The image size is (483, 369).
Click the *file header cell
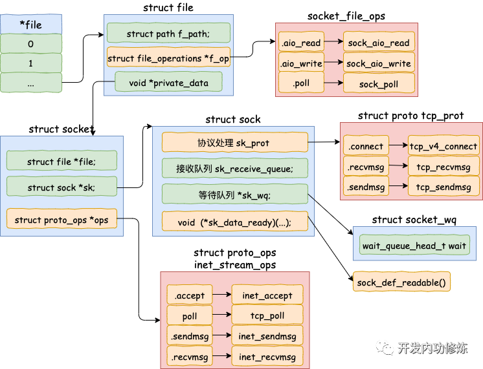point(31,25)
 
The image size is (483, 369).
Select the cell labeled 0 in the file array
point(31,44)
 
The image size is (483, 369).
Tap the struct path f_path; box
point(168,34)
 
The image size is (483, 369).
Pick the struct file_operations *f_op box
point(168,58)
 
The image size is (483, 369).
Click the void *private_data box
point(168,81)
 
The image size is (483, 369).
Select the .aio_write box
point(300,63)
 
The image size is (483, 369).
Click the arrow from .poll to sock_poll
point(333,84)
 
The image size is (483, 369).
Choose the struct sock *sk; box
point(62,187)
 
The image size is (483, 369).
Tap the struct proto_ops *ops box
point(62,220)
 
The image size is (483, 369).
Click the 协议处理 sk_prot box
point(234,143)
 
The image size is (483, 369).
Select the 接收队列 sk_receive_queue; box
point(234,169)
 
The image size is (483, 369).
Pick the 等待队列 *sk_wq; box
point(234,195)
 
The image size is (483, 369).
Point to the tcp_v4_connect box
point(444,146)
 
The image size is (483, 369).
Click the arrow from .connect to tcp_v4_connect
point(399,146)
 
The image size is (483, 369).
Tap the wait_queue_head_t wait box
point(414,246)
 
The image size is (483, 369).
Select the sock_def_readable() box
point(402,282)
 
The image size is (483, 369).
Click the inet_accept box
point(267,295)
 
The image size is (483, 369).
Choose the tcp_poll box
point(267,316)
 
